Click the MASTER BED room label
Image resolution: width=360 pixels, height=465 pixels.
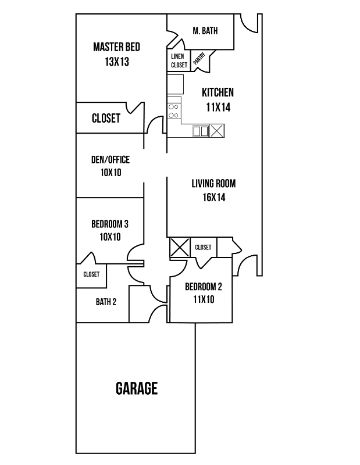click(116, 47)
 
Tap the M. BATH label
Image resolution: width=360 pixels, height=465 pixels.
click(205, 31)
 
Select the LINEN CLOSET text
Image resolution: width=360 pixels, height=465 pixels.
click(179, 60)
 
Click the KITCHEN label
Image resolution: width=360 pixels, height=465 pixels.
click(218, 92)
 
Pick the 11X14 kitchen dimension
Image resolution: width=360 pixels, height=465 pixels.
click(218, 107)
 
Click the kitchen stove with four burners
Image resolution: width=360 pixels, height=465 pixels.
click(173, 110)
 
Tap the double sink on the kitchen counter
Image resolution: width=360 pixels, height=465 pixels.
click(201, 131)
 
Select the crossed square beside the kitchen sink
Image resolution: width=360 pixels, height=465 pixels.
click(217, 131)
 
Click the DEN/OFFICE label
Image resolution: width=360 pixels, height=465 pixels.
click(111, 160)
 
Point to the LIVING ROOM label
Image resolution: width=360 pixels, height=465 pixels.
click(213, 184)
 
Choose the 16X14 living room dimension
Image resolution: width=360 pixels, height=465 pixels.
click(213, 198)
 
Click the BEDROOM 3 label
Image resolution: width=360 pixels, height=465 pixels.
click(110, 224)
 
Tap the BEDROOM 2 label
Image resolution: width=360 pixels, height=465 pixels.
click(204, 287)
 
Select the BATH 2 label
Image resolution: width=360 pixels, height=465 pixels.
click(106, 302)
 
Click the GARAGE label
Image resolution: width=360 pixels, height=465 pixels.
click(137, 388)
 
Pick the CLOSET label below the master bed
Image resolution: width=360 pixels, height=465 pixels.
click(106, 119)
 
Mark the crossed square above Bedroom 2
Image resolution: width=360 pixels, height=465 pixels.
click(179, 247)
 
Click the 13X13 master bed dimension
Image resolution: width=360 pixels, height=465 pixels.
click(116, 62)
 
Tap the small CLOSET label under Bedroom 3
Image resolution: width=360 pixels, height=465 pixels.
click(91, 274)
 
